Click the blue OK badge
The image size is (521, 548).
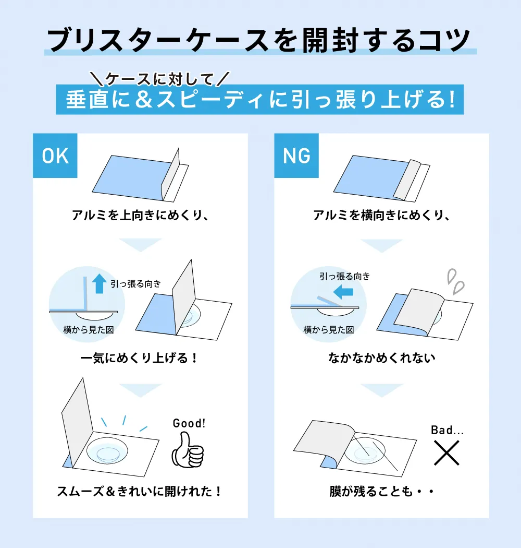(55, 156)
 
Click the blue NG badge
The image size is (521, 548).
(296, 156)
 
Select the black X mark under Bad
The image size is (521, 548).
(446, 452)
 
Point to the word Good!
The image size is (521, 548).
(189, 423)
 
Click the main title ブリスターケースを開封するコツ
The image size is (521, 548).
(259, 39)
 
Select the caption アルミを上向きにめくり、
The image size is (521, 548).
(141, 215)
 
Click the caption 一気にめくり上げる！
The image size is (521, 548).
(140, 359)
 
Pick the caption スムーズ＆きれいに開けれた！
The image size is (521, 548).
(140, 491)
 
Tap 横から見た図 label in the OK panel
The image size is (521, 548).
(89, 330)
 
